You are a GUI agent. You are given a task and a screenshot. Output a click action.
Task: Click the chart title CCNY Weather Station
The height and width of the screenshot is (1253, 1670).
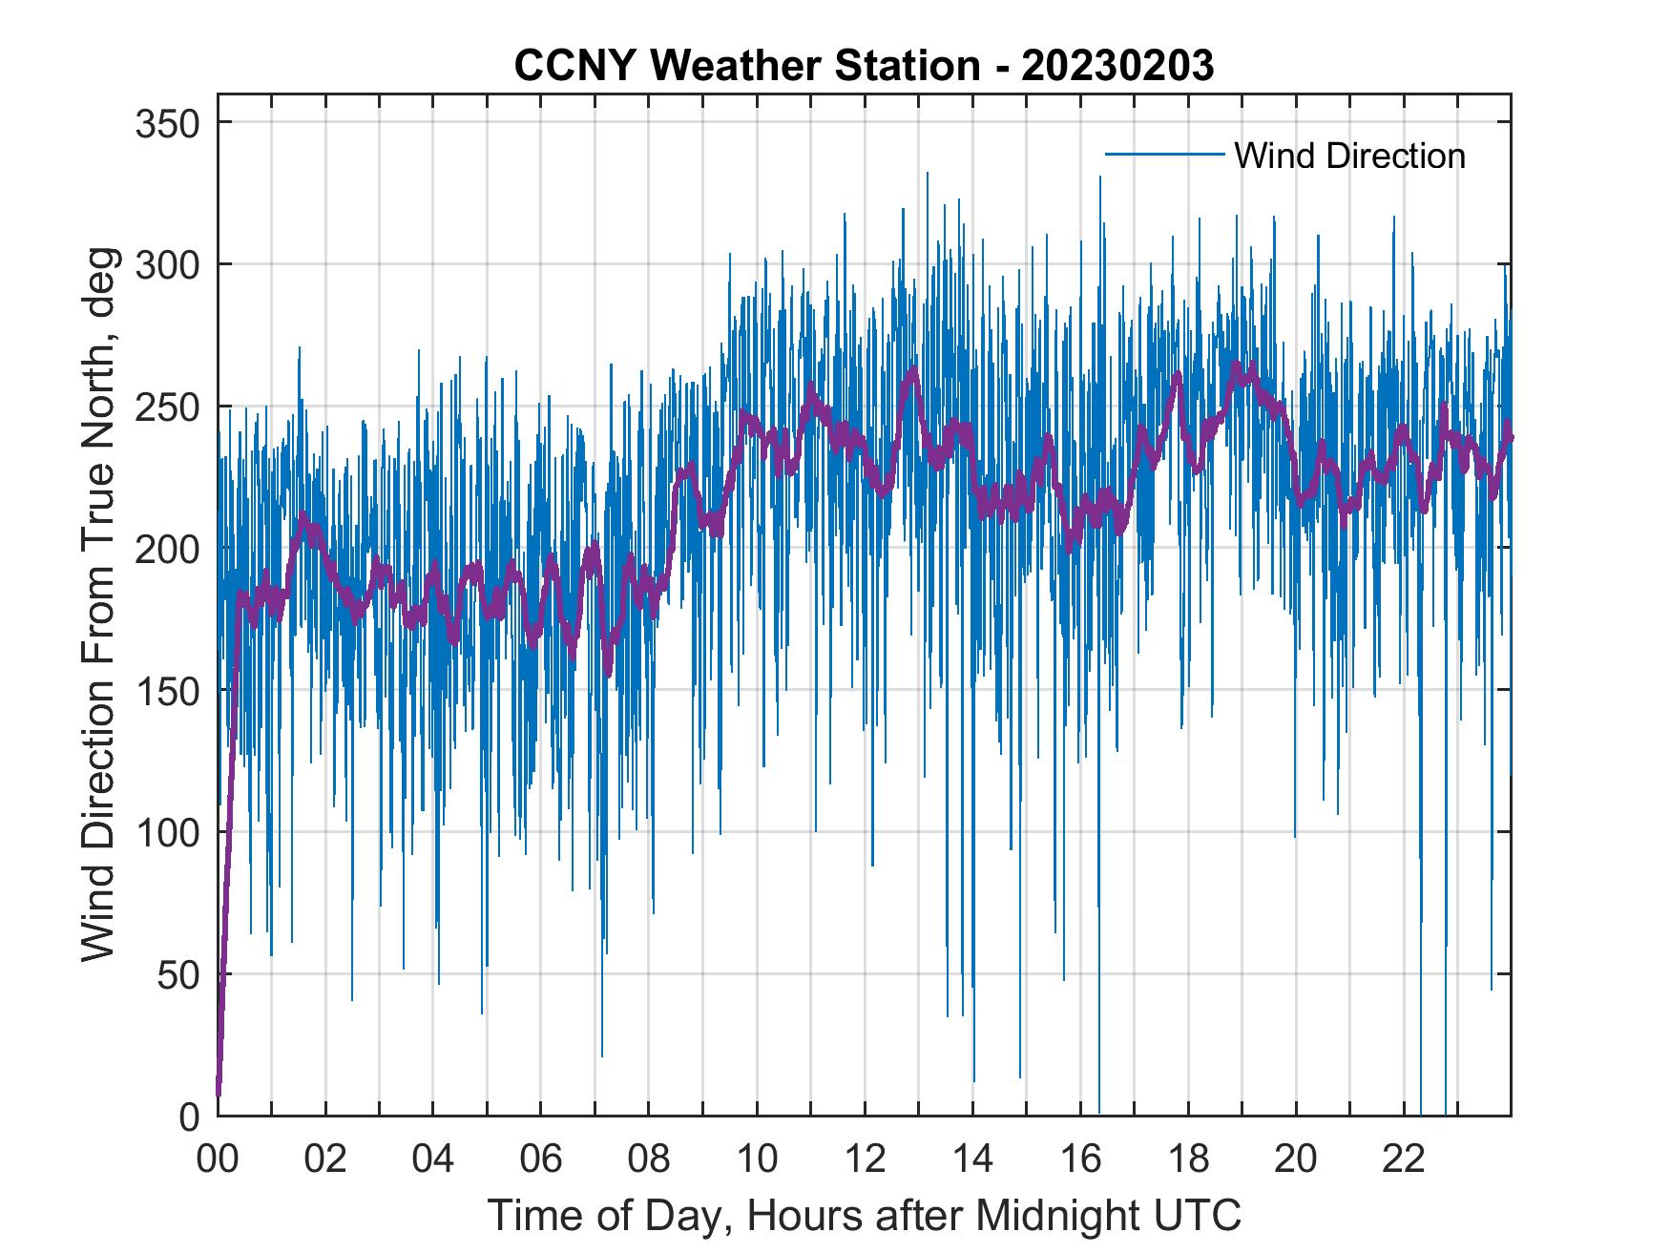tap(746, 66)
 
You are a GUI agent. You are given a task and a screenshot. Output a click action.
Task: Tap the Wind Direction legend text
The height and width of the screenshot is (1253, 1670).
tap(1349, 156)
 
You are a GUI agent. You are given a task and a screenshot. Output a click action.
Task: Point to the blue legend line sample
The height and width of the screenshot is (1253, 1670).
tap(1164, 155)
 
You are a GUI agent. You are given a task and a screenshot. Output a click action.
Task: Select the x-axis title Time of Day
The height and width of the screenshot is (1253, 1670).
tap(864, 1215)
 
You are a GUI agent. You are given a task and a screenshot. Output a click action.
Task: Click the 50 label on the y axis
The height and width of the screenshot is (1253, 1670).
tap(177, 974)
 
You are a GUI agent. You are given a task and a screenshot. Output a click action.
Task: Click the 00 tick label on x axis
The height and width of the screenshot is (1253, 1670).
tap(218, 1159)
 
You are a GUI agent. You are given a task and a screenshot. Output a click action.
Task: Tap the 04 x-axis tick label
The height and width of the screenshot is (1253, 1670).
tap(433, 1159)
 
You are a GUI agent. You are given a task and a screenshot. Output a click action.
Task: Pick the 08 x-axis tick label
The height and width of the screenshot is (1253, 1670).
tap(649, 1159)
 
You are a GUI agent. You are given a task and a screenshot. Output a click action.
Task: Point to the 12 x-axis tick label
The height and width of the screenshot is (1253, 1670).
tap(865, 1159)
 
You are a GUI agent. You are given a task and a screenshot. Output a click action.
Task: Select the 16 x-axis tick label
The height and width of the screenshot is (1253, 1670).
tap(1080, 1159)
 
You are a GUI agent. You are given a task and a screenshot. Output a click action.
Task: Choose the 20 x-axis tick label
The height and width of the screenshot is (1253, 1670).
tap(1296, 1159)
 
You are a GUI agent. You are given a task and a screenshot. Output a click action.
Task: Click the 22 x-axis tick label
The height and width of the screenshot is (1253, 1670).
tap(1404, 1159)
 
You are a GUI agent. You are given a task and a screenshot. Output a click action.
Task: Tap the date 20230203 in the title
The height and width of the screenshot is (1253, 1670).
tap(1117, 66)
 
